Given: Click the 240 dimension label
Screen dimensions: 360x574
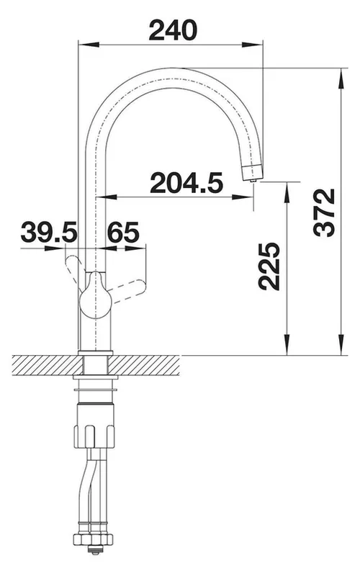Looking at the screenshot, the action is coord(173,30).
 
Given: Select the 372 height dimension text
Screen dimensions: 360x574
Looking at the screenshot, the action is coord(325,212).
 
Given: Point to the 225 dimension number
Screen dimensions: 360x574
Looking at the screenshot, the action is coord(269,266).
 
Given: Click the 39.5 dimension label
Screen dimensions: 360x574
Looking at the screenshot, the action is coord(49,233).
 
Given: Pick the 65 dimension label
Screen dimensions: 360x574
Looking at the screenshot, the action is coord(123,233).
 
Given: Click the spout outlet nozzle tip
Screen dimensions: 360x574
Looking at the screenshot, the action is coord(253,172).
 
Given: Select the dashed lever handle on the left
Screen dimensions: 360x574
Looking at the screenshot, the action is coord(74,272).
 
